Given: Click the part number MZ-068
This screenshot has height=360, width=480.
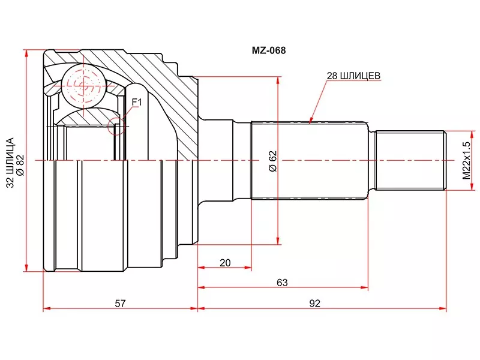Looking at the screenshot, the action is click(268, 50).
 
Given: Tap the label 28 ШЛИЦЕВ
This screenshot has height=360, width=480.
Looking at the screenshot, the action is click(353, 76).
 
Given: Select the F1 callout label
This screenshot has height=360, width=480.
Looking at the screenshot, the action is click(137, 102).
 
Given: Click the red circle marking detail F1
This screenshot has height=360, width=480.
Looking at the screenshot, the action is click(116, 126).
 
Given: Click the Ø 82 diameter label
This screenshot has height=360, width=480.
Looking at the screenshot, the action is click(20, 166).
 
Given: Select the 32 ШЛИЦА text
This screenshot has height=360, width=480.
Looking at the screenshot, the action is click(10, 163).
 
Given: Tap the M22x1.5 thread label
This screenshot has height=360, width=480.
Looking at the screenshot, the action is click(466, 160).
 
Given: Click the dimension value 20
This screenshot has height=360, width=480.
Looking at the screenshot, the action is click(225, 263).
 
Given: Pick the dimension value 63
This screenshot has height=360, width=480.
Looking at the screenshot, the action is click(282, 282).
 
